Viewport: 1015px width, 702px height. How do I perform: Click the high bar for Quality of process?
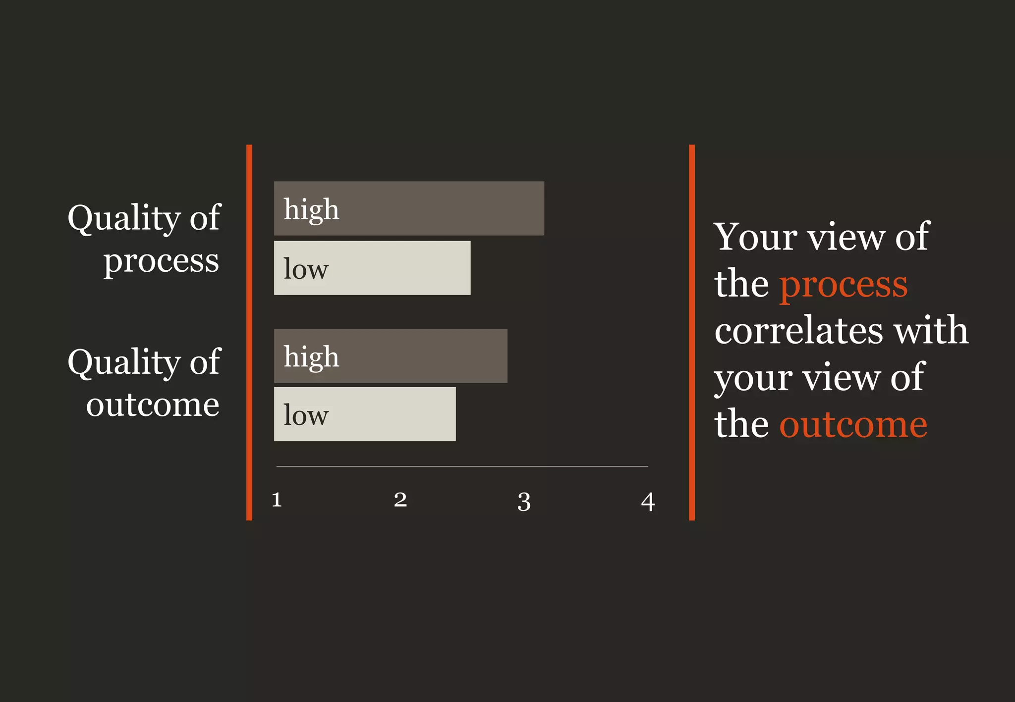(409, 208)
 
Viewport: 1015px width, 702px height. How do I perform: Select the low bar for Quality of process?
(372, 268)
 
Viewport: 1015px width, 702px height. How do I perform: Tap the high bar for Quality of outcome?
(391, 356)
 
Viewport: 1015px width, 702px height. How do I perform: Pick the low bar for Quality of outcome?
(365, 414)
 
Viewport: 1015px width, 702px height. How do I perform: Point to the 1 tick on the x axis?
(277, 500)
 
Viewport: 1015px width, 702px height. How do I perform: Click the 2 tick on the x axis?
(400, 500)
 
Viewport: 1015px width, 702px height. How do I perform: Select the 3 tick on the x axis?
(524, 501)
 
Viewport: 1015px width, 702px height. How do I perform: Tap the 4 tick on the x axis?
(648, 501)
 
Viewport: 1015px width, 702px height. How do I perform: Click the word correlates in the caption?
(798, 330)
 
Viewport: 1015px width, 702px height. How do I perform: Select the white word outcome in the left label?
(153, 405)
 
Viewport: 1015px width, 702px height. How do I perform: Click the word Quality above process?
(124, 218)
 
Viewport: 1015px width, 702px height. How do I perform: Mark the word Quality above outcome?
(124, 362)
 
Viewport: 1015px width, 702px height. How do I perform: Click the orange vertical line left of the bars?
(249, 332)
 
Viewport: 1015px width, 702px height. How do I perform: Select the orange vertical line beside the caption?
(692, 332)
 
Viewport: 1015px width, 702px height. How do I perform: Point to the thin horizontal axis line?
(462, 466)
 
